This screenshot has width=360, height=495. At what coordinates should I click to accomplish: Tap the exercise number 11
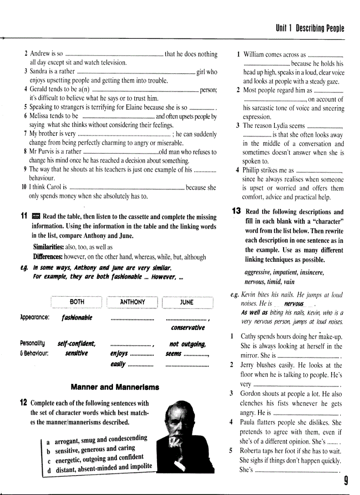24,216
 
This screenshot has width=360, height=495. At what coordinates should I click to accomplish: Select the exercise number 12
24,403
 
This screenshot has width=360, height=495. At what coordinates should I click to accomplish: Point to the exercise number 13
236,212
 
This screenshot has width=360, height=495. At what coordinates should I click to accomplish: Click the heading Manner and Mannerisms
115,387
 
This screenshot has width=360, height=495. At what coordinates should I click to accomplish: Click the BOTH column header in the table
77,302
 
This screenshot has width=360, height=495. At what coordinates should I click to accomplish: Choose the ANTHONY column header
132,302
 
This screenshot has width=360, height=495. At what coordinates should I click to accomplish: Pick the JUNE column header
187,302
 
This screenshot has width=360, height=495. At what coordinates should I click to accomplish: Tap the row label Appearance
35,317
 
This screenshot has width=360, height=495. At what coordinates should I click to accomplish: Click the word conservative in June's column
187,328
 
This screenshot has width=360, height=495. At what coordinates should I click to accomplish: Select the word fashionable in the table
77,318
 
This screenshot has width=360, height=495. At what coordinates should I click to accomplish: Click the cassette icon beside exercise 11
36,216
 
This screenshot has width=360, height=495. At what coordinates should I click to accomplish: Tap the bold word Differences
48,257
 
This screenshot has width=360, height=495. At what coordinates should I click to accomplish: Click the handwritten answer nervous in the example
294,304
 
